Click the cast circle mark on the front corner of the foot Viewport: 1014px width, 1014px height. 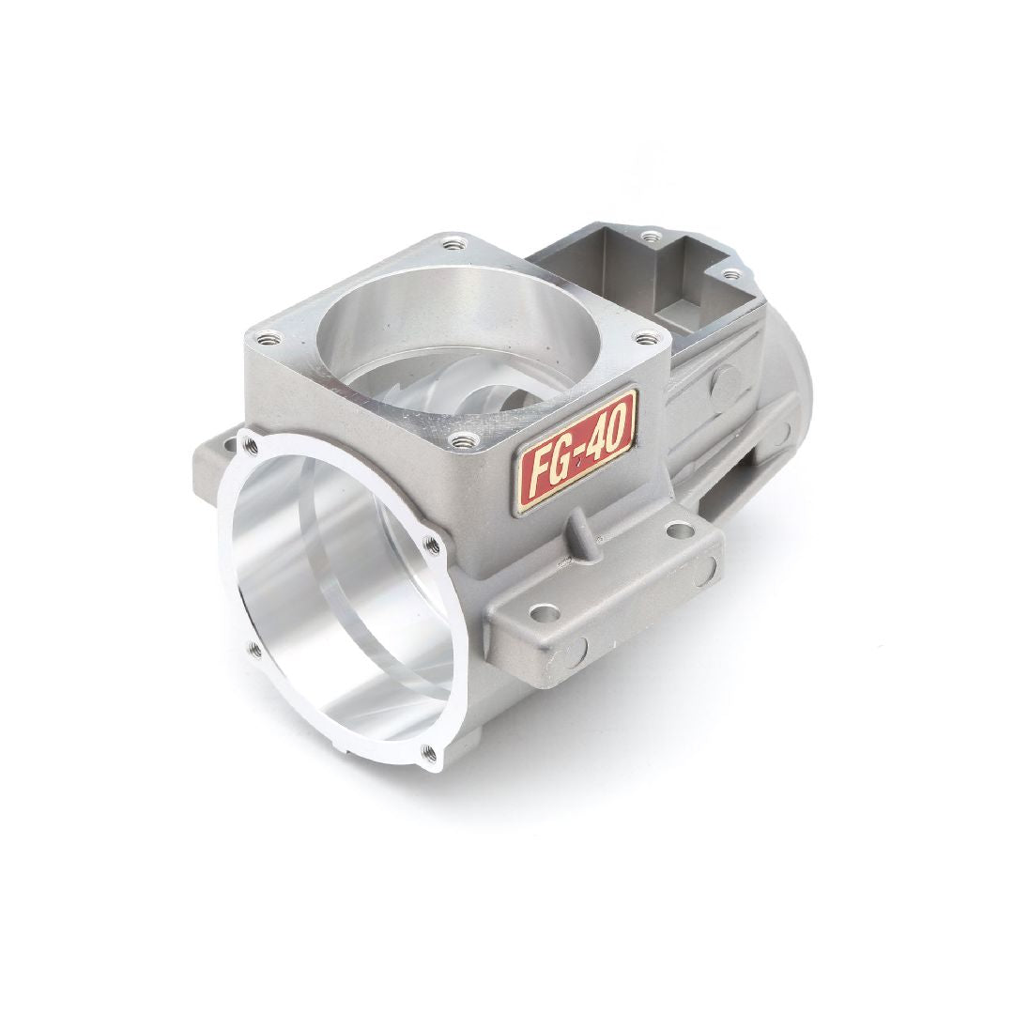point(576,649)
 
